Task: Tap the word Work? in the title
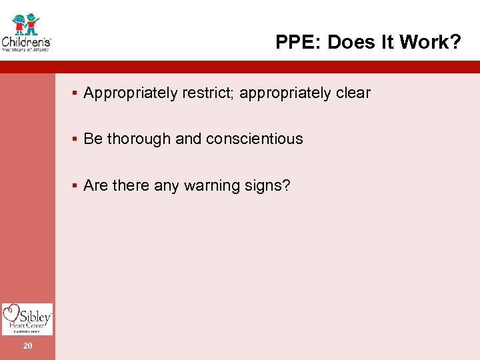coord(436,43)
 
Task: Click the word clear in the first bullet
coord(353,93)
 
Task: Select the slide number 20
coord(27,345)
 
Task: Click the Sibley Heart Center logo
coord(27,319)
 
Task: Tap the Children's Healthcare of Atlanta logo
coord(27,31)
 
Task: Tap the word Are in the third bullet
coord(95,185)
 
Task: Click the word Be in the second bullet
coord(93,139)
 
